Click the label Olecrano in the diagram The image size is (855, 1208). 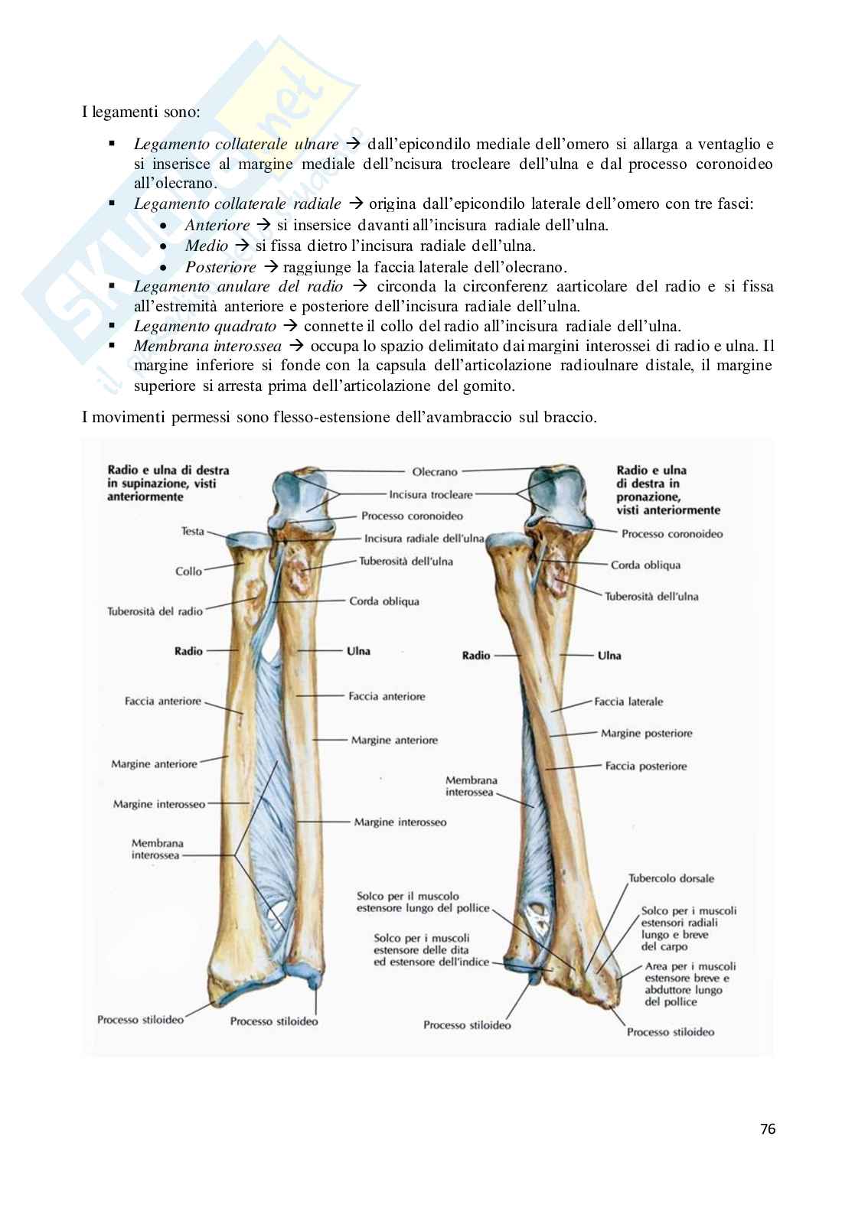tap(434, 473)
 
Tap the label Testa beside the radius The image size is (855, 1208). tap(192, 531)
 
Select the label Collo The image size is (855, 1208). tap(188, 571)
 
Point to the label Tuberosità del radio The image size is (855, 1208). tap(155, 611)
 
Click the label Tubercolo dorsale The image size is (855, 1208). tap(671, 879)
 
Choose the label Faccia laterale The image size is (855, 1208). tap(628, 701)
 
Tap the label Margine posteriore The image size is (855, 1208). tap(646, 733)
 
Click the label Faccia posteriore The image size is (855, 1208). tap(645, 766)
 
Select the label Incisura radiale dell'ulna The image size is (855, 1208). tap(424, 538)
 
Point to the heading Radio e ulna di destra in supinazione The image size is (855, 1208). tap(168, 483)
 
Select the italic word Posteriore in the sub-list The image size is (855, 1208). tap(220, 267)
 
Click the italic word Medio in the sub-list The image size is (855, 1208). tap(206, 246)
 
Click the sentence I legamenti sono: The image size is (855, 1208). tap(141, 112)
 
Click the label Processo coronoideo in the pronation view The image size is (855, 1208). tap(671, 534)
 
